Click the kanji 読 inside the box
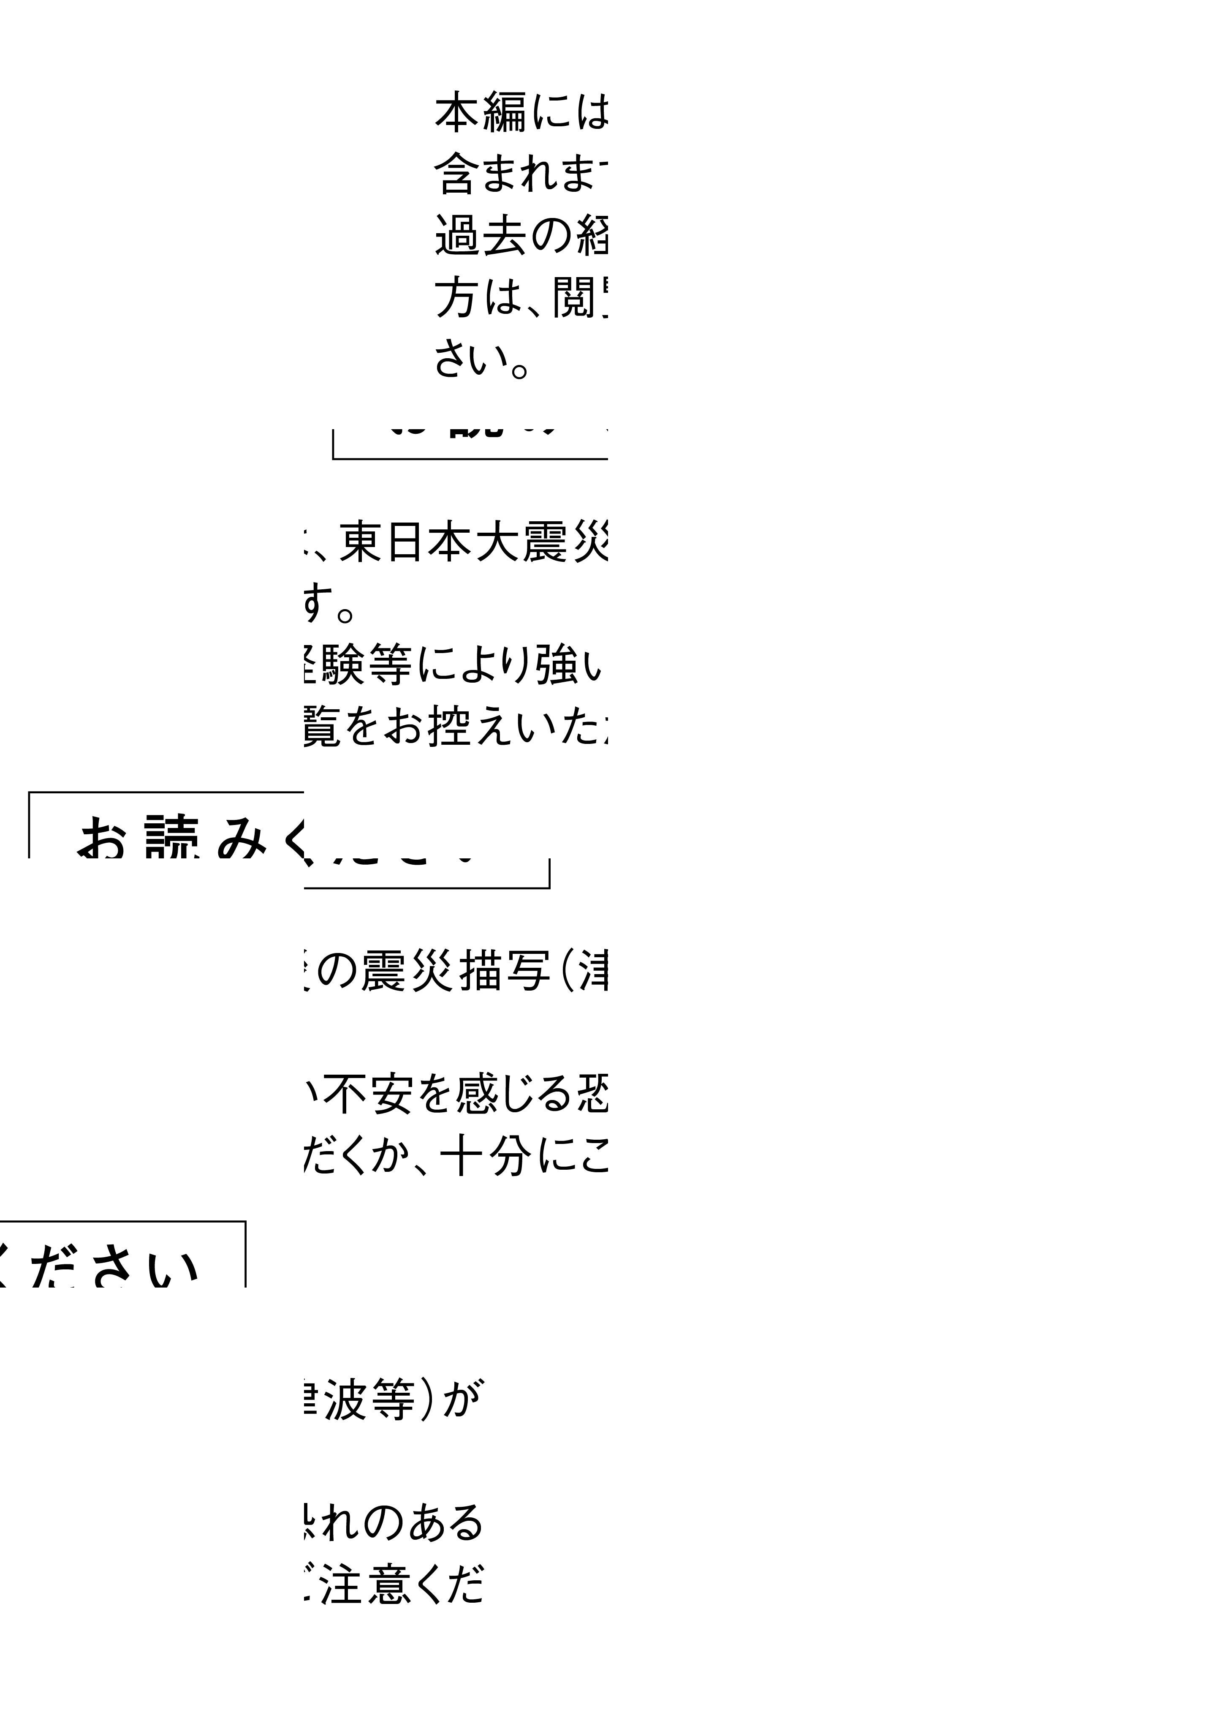pyautogui.click(x=172, y=840)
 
